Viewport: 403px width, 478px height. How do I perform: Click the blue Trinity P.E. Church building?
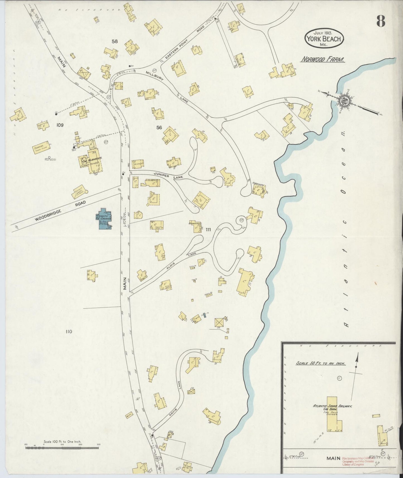click(x=104, y=219)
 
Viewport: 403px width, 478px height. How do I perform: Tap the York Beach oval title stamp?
click(x=324, y=38)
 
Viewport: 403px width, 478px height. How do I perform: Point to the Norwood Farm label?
click(x=323, y=60)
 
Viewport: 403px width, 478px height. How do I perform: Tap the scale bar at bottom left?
click(x=62, y=448)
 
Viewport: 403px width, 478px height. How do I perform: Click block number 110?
click(x=69, y=332)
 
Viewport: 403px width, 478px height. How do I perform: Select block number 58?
click(x=115, y=42)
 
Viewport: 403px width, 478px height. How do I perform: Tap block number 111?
click(x=208, y=230)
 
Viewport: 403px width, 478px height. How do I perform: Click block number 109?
click(x=60, y=125)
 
